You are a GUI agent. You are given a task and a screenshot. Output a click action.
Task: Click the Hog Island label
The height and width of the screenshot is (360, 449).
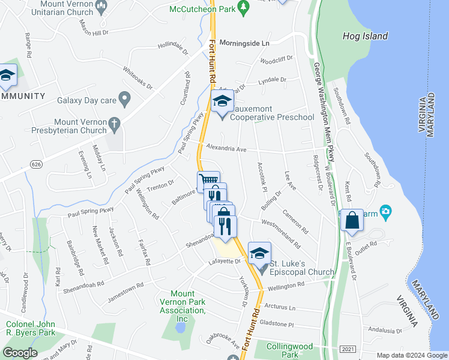tap(365, 36)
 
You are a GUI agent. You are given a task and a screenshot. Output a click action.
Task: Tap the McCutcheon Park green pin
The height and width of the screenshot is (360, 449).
tap(243, 7)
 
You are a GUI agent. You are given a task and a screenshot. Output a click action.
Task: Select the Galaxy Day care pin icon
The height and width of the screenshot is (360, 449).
tap(125, 98)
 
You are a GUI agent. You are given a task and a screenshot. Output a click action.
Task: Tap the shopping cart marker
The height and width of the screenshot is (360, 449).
tap(208, 181)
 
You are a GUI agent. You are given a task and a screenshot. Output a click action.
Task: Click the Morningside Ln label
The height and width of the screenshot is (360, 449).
tap(244, 43)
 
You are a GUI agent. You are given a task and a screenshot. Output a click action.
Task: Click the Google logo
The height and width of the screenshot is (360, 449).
tap(20, 353)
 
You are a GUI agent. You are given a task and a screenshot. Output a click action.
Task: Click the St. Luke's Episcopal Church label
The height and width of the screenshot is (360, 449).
tap(301, 268)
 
